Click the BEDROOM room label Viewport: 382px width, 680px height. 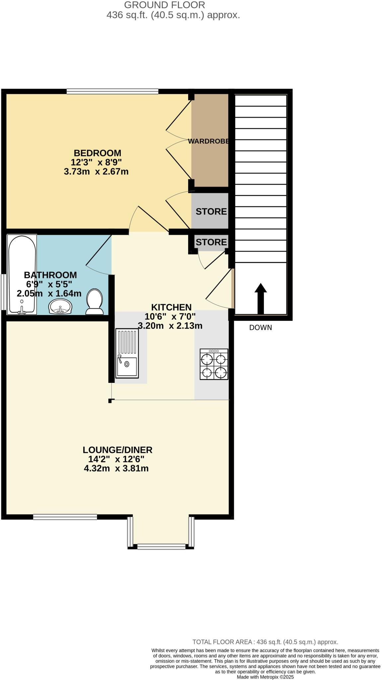[x=97, y=153]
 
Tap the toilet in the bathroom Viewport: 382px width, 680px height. [x=95, y=301]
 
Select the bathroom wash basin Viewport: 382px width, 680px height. [x=60, y=306]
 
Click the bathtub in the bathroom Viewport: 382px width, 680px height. [x=22, y=274]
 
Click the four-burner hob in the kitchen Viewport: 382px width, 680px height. [x=214, y=364]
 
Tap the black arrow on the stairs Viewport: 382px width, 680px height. [x=261, y=298]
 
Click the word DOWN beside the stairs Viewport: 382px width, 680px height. [x=261, y=328]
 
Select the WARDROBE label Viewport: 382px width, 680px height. [x=208, y=141]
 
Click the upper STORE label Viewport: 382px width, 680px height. [x=211, y=212]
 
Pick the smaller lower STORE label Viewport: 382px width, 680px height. [x=211, y=242]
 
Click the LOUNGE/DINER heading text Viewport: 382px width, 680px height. [x=117, y=450]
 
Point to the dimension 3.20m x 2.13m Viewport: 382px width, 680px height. [x=170, y=326]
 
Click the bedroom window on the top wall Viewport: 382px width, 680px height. [x=112, y=91]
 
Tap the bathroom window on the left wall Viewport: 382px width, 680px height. [x=3, y=292]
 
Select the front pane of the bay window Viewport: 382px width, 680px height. [x=161, y=546]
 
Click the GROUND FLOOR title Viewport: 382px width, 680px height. [x=165, y=5]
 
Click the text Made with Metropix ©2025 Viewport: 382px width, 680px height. [x=265, y=677]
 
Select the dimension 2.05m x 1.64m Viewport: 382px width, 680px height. [x=49, y=294]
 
